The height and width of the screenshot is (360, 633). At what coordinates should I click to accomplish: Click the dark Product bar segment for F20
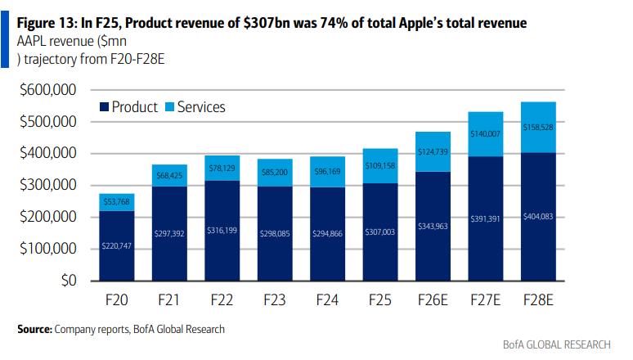point(117,245)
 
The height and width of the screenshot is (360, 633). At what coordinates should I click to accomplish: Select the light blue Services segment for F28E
point(538,128)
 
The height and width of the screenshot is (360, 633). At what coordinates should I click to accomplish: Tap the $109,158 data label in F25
point(379,165)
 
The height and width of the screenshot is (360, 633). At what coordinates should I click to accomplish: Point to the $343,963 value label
point(433,226)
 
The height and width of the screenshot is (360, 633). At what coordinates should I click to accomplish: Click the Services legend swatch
point(169,106)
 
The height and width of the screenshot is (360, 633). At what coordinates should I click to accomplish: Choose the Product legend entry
point(128,106)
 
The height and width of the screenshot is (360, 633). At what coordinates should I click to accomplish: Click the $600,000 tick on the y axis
point(48,89)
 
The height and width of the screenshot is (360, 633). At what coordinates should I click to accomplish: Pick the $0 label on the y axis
point(69,280)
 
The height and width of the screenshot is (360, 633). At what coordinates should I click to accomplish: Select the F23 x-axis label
point(275,299)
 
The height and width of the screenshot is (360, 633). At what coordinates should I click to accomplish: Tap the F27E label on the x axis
point(485,299)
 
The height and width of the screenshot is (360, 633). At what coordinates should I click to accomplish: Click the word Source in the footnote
point(34,329)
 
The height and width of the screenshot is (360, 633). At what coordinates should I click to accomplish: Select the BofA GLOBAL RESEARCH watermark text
point(557,344)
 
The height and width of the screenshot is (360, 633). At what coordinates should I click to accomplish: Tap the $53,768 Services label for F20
point(117,201)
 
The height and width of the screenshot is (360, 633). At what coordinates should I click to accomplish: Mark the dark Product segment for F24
point(327,234)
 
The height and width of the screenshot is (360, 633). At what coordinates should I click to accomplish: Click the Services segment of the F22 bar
point(222,168)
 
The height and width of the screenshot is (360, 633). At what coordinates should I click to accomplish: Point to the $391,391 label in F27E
point(485,218)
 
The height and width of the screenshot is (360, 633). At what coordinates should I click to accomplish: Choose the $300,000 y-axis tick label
point(48,185)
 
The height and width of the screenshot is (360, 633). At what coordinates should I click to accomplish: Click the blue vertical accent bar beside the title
point(4,39)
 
